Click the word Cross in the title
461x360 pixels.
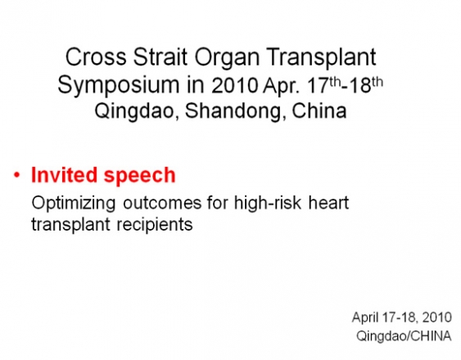(x=96, y=56)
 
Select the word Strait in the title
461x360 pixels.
(x=160, y=56)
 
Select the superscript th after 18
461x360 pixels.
(x=377, y=82)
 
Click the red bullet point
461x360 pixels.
(x=17, y=175)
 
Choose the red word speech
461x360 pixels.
(x=140, y=177)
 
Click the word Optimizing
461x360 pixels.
(x=74, y=204)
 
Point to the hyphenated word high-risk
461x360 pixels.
(x=268, y=203)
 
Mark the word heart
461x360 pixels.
(x=328, y=202)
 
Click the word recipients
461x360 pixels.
(x=155, y=225)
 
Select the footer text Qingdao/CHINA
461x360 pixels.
(x=404, y=336)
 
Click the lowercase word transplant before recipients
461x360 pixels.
(x=70, y=225)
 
